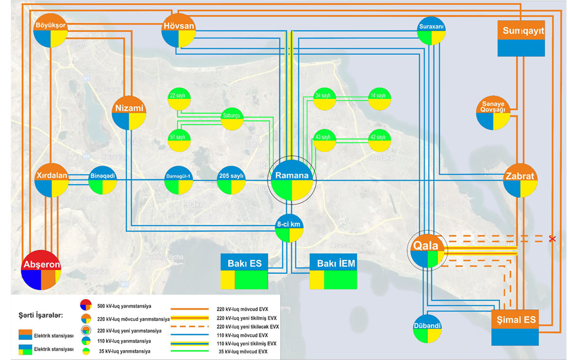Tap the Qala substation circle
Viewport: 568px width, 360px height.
(x=427, y=251)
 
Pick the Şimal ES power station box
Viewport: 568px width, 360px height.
(x=515, y=328)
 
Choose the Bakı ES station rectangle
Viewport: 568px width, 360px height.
(x=244, y=271)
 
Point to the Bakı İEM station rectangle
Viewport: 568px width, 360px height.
(x=333, y=271)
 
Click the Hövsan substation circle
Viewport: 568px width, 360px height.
(x=178, y=30)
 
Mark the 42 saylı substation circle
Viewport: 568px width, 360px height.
(x=380, y=140)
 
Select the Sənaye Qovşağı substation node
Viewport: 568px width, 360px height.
(x=493, y=113)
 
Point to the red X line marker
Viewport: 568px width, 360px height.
(x=551, y=239)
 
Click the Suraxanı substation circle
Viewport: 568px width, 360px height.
(x=431, y=31)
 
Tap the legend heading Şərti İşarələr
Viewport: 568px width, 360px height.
(x=41, y=315)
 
